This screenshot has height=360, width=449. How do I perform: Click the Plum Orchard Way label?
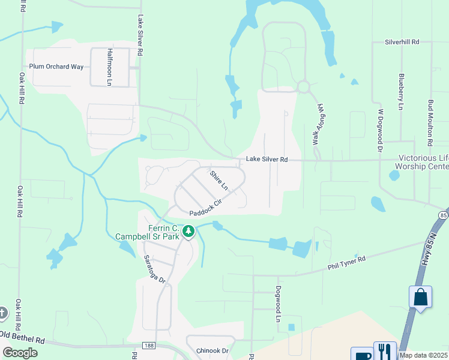pyautogui.click(x=56, y=67)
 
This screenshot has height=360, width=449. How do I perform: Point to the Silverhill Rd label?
pyautogui.click(x=402, y=42)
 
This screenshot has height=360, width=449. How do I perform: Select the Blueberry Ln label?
pyautogui.click(x=400, y=92)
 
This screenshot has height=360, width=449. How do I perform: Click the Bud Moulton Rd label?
pyautogui.click(x=430, y=124)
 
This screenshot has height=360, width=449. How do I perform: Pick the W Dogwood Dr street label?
pyautogui.click(x=379, y=128)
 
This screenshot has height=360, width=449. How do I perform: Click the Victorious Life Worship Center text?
pyautogui.click(x=423, y=162)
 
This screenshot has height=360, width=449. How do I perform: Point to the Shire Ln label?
pyautogui.click(x=219, y=180)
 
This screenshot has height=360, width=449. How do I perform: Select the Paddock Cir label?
pyautogui.click(x=206, y=208)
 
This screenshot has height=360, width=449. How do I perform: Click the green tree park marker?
pyautogui.click(x=188, y=231)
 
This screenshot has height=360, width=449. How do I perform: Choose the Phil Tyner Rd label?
pyautogui.click(x=347, y=262)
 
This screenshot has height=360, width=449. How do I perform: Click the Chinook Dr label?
pyautogui.click(x=212, y=350)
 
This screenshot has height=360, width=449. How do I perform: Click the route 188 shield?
pyautogui.click(x=149, y=345)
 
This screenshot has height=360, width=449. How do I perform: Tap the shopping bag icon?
pyautogui.click(x=420, y=297)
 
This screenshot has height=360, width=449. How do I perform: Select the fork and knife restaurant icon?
pyautogui.click(x=385, y=350)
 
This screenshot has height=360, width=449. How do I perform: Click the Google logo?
pyautogui.click(x=20, y=353)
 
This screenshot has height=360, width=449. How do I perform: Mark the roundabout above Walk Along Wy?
pyautogui.click(x=303, y=87)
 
